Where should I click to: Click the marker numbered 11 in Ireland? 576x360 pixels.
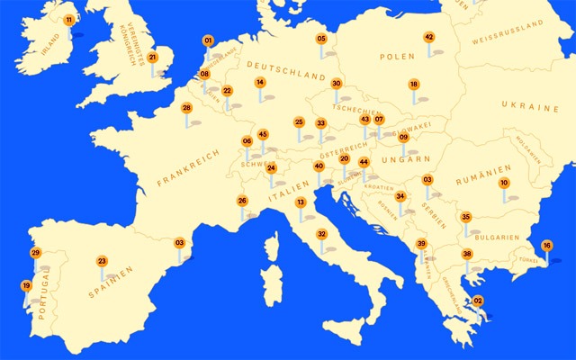tap(69, 19)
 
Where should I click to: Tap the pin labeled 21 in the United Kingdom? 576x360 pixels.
tap(153, 58)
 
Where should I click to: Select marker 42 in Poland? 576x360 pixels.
tap(429, 37)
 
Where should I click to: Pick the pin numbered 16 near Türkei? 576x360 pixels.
tap(546, 246)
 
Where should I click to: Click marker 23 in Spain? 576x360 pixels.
tap(103, 261)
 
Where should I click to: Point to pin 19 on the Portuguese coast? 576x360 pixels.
tap(26, 286)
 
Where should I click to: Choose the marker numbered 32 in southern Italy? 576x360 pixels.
tap(321, 234)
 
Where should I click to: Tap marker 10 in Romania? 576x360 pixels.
tap(504, 183)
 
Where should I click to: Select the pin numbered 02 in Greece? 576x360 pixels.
tap(478, 301)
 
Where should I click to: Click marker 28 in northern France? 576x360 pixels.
tap(187, 108)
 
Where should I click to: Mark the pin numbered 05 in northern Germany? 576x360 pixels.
tap(321, 39)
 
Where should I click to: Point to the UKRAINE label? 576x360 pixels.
tap(531, 107)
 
